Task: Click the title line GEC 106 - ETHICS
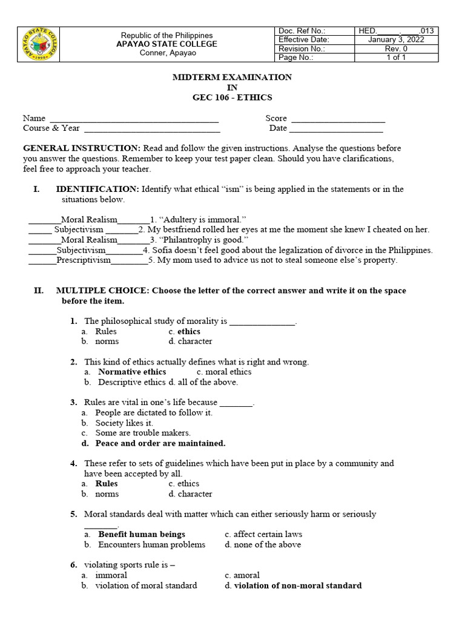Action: [232, 97]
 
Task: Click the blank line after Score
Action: [338, 119]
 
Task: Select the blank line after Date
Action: [336, 128]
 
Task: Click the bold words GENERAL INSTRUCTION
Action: [81, 148]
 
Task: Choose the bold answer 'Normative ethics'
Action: [132, 372]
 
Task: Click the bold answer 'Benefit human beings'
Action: [142, 535]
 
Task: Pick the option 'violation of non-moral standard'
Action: [298, 585]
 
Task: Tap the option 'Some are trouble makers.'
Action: [143, 433]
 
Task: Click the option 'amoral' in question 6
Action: [246, 575]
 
